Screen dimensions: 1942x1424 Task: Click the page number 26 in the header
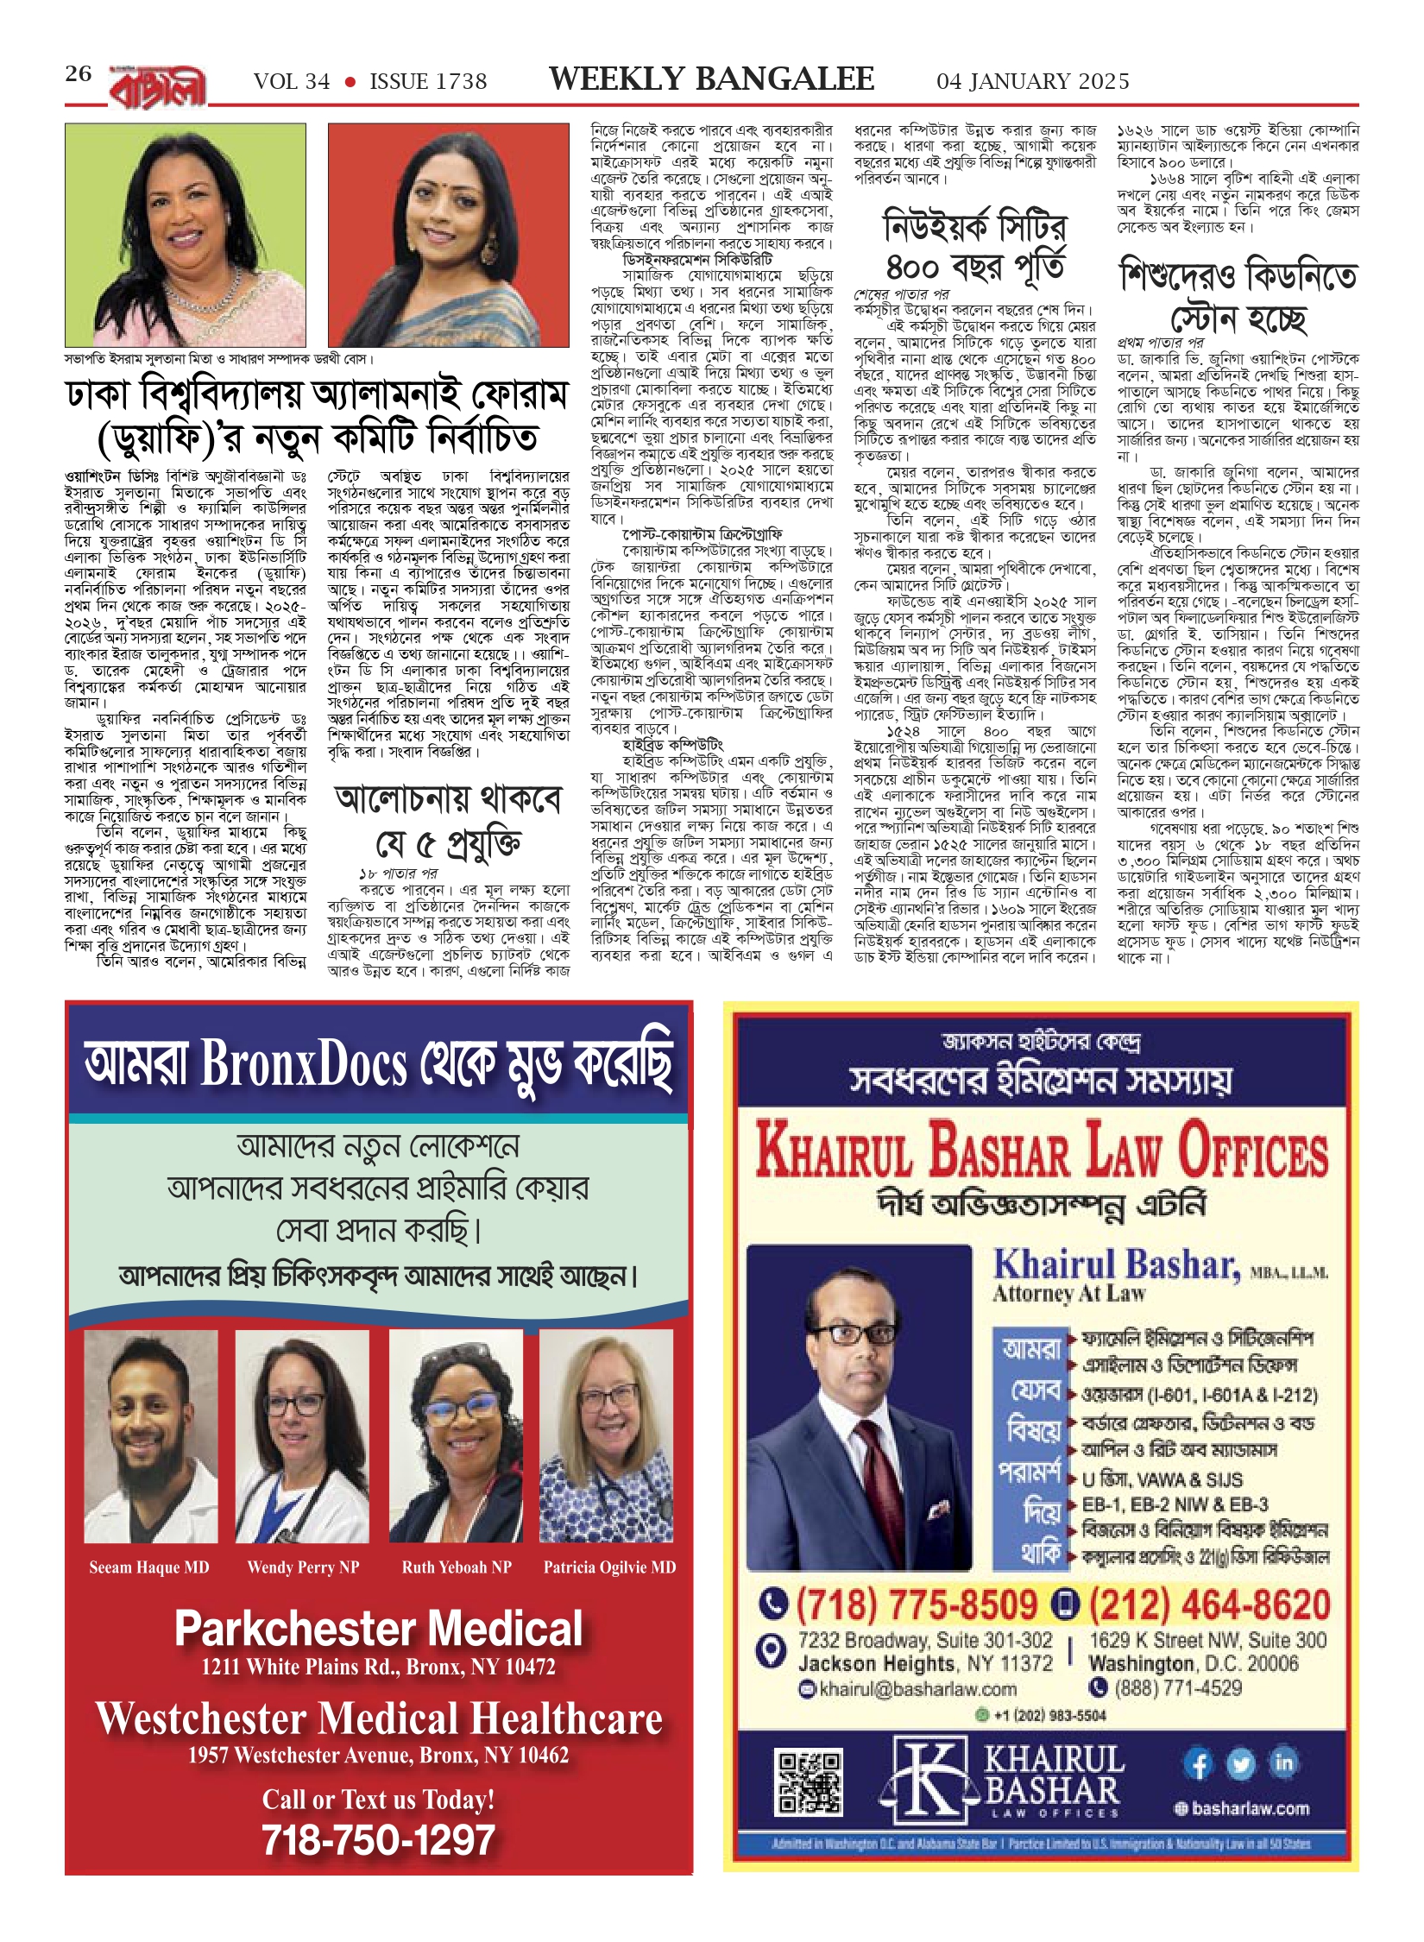coord(78,74)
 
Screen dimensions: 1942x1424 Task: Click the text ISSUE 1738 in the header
coord(428,82)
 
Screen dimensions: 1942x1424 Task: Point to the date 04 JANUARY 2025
coord(1032,82)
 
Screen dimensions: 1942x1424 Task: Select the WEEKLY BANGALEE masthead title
coord(711,79)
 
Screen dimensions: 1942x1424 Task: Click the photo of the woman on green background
coord(186,235)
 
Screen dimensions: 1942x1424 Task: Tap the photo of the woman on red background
coord(448,235)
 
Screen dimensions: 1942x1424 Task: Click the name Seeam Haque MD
coord(149,1567)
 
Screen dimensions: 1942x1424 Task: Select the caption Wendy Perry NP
coord(303,1567)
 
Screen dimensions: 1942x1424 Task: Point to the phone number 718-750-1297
coord(379,1839)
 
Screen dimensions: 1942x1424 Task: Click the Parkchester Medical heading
coord(379,1629)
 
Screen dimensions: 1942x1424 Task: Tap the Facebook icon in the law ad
coord(1198,1764)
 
